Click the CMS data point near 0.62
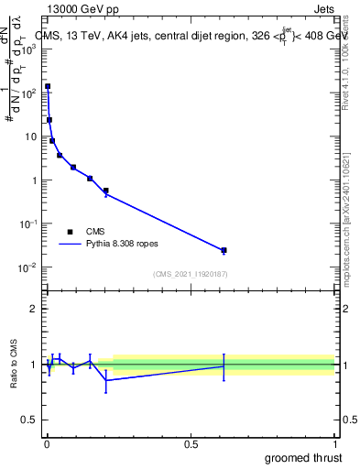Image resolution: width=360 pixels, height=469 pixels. (x=224, y=250)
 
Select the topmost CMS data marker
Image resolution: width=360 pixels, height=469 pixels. (x=48, y=86)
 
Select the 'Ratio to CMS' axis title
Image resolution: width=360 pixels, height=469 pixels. (x=15, y=365)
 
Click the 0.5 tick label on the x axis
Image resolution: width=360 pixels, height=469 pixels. (x=191, y=443)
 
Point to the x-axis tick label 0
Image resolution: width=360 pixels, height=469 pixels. (x=47, y=443)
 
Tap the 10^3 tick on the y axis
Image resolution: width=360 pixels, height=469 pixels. (x=29, y=49)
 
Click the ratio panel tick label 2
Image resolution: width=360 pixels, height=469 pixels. (x=35, y=309)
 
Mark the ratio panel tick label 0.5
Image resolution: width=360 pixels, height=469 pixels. (x=30, y=421)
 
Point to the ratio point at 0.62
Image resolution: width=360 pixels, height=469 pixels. (x=224, y=366)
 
